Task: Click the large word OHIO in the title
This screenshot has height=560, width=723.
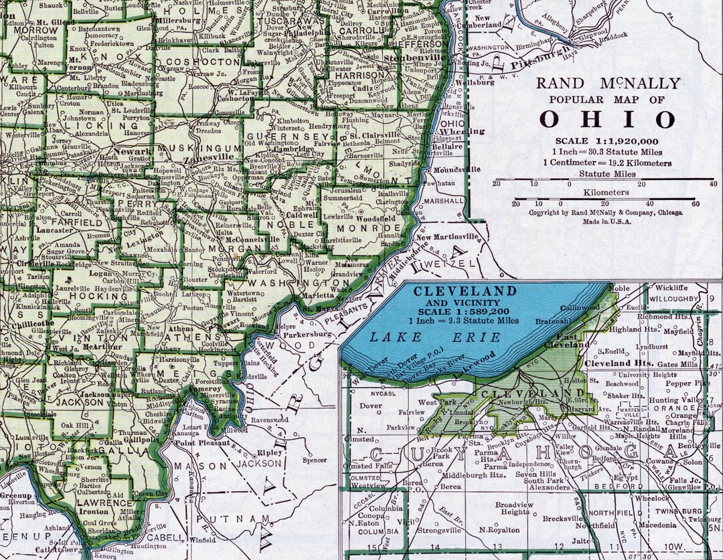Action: pyautogui.click(x=607, y=120)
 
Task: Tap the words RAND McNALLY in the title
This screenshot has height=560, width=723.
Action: pyautogui.click(x=608, y=84)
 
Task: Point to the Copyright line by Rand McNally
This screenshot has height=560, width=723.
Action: pyautogui.click(x=605, y=213)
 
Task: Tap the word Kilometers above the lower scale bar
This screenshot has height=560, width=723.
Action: pyautogui.click(x=605, y=192)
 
